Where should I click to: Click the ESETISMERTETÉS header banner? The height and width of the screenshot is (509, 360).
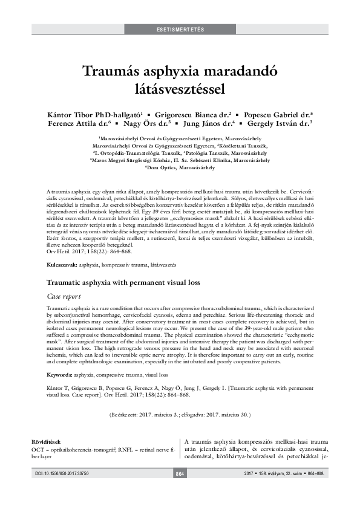[x=180, y=30]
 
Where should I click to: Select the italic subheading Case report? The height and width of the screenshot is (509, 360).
[x=64, y=280]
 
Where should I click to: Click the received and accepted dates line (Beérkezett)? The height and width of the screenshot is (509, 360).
[x=180, y=416]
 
